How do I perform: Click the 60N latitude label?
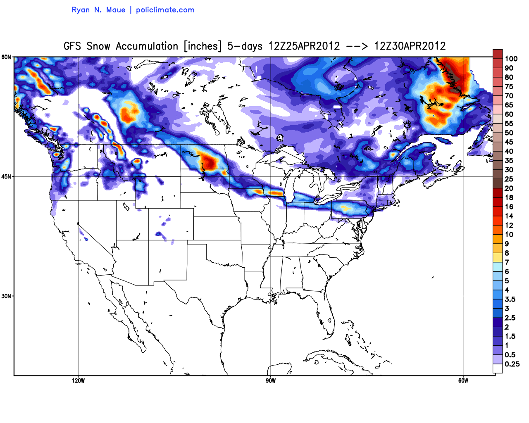[x=6, y=57]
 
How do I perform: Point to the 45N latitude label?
[x=6, y=176]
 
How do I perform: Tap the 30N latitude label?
[x=6, y=296]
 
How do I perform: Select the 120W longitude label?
[x=78, y=380]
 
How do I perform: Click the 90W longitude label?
[x=271, y=380]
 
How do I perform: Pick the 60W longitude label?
[x=463, y=380]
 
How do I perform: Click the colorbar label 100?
[x=511, y=59]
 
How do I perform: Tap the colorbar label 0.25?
[x=512, y=364]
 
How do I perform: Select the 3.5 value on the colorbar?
[x=510, y=299]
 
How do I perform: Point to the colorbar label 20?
[x=509, y=188]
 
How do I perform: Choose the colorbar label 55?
[x=509, y=124]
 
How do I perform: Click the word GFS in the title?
[x=72, y=46]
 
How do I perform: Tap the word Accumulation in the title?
[x=147, y=46]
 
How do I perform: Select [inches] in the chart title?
[x=203, y=46]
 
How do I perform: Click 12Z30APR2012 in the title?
[x=410, y=46]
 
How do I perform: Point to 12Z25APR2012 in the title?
[x=304, y=46]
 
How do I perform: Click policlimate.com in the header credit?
[x=165, y=10]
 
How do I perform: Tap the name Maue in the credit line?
[x=116, y=10]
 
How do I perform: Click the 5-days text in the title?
[x=245, y=46]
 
